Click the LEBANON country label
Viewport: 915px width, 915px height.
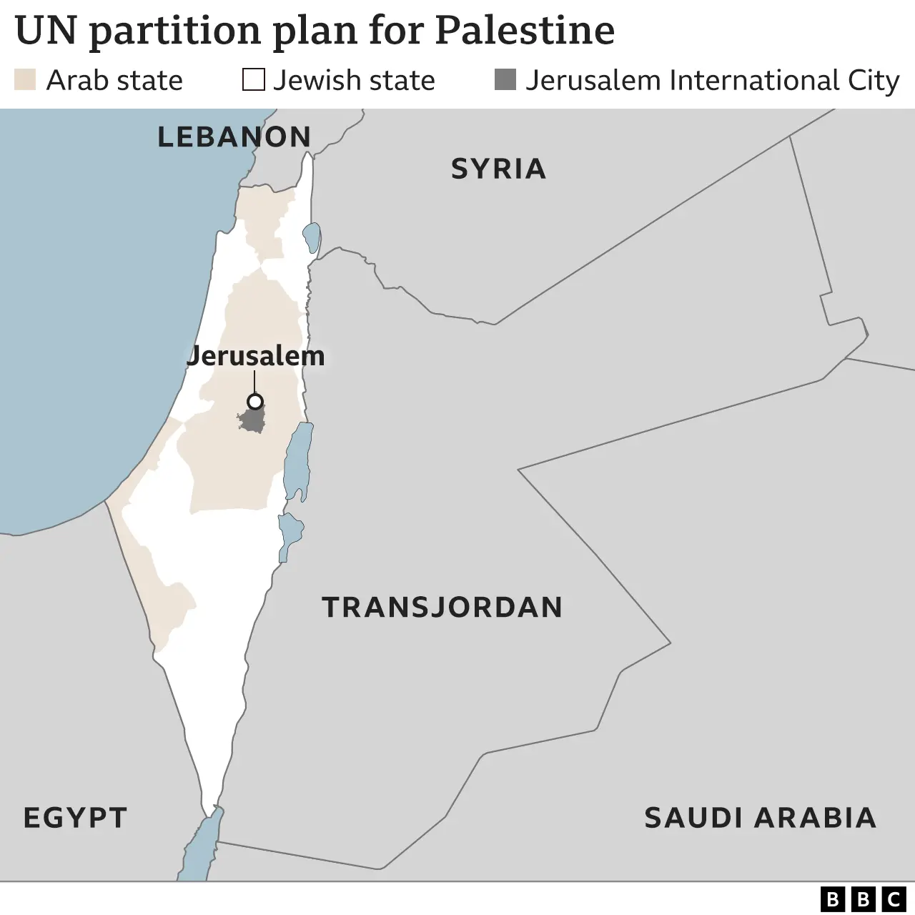click(x=234, y=137)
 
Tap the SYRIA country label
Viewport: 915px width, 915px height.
click(x=498, y=169)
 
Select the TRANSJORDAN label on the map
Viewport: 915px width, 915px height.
click(x=442, y=607)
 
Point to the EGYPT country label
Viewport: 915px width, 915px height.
click(x=75, y=817)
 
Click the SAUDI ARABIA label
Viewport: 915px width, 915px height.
click(x=760, y=817)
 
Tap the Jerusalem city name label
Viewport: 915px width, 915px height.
click(x=255, y=355)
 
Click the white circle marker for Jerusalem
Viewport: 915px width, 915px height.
click(x=254, y=401)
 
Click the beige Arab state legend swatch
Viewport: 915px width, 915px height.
click(x=25, y=79)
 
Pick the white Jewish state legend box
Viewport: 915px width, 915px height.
click(x=253, y=79)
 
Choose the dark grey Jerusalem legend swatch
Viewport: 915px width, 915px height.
click(x=505, y=79)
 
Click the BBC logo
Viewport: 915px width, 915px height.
click(x=862, y=899)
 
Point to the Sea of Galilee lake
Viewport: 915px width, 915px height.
click(x=311, y=237)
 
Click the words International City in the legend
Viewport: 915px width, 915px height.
click(x=783, y=81)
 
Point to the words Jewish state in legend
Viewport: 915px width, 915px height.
click(x=354, y=80)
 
